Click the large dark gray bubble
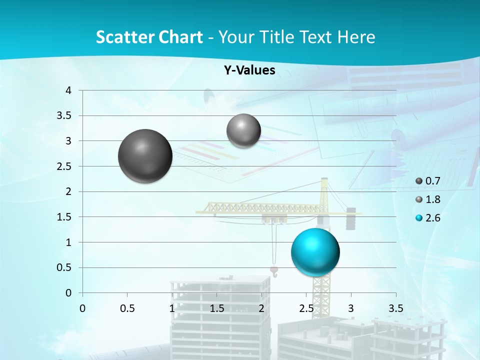click(145, 156)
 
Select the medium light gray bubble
click(243, 131)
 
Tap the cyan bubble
click(315, 252)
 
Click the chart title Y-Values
click(249, 70)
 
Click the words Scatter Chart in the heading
click(149, 37)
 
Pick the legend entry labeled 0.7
click(428, 180)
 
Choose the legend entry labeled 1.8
click(428, 199)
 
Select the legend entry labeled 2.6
click(428, 218)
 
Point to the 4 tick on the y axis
click(69, 90)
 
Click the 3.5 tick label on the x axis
click(396, 308)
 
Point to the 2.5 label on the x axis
click(306, 308)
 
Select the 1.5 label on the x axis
click(216, 308)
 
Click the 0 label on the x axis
click(82, 308)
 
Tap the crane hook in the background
click(274, 270)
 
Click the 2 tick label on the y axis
click(69, 191)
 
